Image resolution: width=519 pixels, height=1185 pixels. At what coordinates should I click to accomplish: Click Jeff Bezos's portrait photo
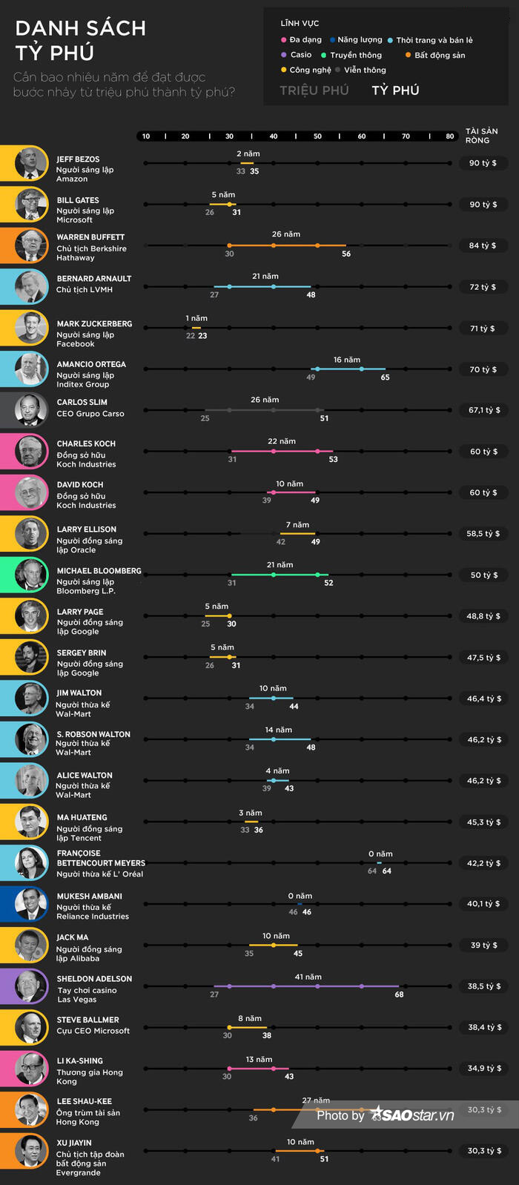[30, 164]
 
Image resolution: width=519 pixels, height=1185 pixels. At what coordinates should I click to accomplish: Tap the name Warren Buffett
[90, 237]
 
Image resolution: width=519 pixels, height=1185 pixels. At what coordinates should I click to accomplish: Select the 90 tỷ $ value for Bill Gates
[483, 204]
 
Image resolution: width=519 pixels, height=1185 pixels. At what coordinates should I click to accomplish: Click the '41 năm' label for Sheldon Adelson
[308, 977]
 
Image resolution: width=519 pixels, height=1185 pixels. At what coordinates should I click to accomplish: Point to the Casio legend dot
[284, 55]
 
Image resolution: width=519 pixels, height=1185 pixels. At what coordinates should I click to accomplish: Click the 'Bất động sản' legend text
[440, 55]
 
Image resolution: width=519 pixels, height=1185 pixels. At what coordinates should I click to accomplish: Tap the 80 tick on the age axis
[450, 136]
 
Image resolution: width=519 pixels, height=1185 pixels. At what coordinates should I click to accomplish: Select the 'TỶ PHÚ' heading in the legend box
[395, 90]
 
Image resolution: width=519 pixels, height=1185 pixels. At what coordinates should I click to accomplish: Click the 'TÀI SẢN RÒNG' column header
[481, 136]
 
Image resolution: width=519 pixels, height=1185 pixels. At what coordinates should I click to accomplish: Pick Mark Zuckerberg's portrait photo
[30, 329]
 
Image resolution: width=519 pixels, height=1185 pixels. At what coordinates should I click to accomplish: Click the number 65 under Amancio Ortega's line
[385, 377]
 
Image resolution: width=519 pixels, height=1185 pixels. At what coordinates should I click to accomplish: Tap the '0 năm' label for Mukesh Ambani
[300, 896]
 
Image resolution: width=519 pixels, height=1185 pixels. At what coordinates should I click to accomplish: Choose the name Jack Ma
[73, 937]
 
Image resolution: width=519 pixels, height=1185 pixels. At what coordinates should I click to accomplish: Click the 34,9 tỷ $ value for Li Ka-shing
[484, 1068]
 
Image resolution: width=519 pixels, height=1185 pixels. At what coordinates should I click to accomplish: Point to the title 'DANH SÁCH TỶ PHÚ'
[80, 40]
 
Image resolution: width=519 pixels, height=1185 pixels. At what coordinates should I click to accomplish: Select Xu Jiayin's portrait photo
[30, 1151]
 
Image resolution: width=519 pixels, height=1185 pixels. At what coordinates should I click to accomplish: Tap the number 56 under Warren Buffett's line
[346, 254]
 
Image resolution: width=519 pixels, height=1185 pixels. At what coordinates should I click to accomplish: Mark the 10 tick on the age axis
[146, 136]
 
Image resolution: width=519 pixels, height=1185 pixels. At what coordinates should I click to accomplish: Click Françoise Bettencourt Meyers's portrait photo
[30, 863]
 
